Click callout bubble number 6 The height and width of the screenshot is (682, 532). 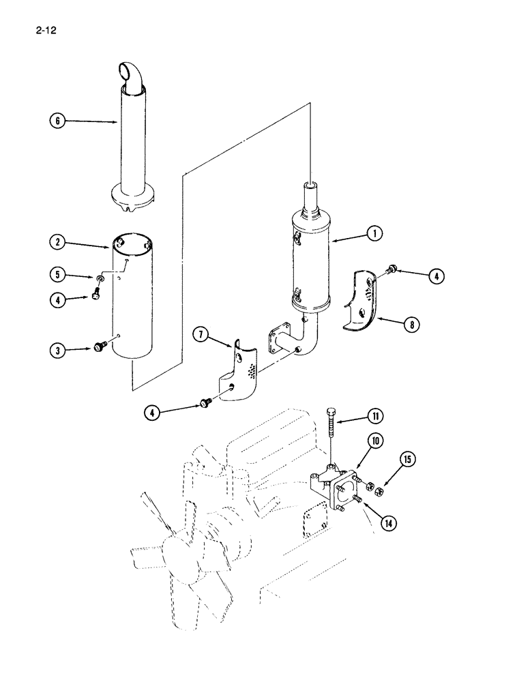tap(58, 121)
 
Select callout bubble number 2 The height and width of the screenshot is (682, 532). tap(58, 241)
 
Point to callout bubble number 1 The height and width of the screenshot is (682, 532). tap(374, 234)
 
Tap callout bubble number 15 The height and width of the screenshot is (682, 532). tap(408, 459)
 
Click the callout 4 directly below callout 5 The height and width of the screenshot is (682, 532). tap(58, 299)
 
